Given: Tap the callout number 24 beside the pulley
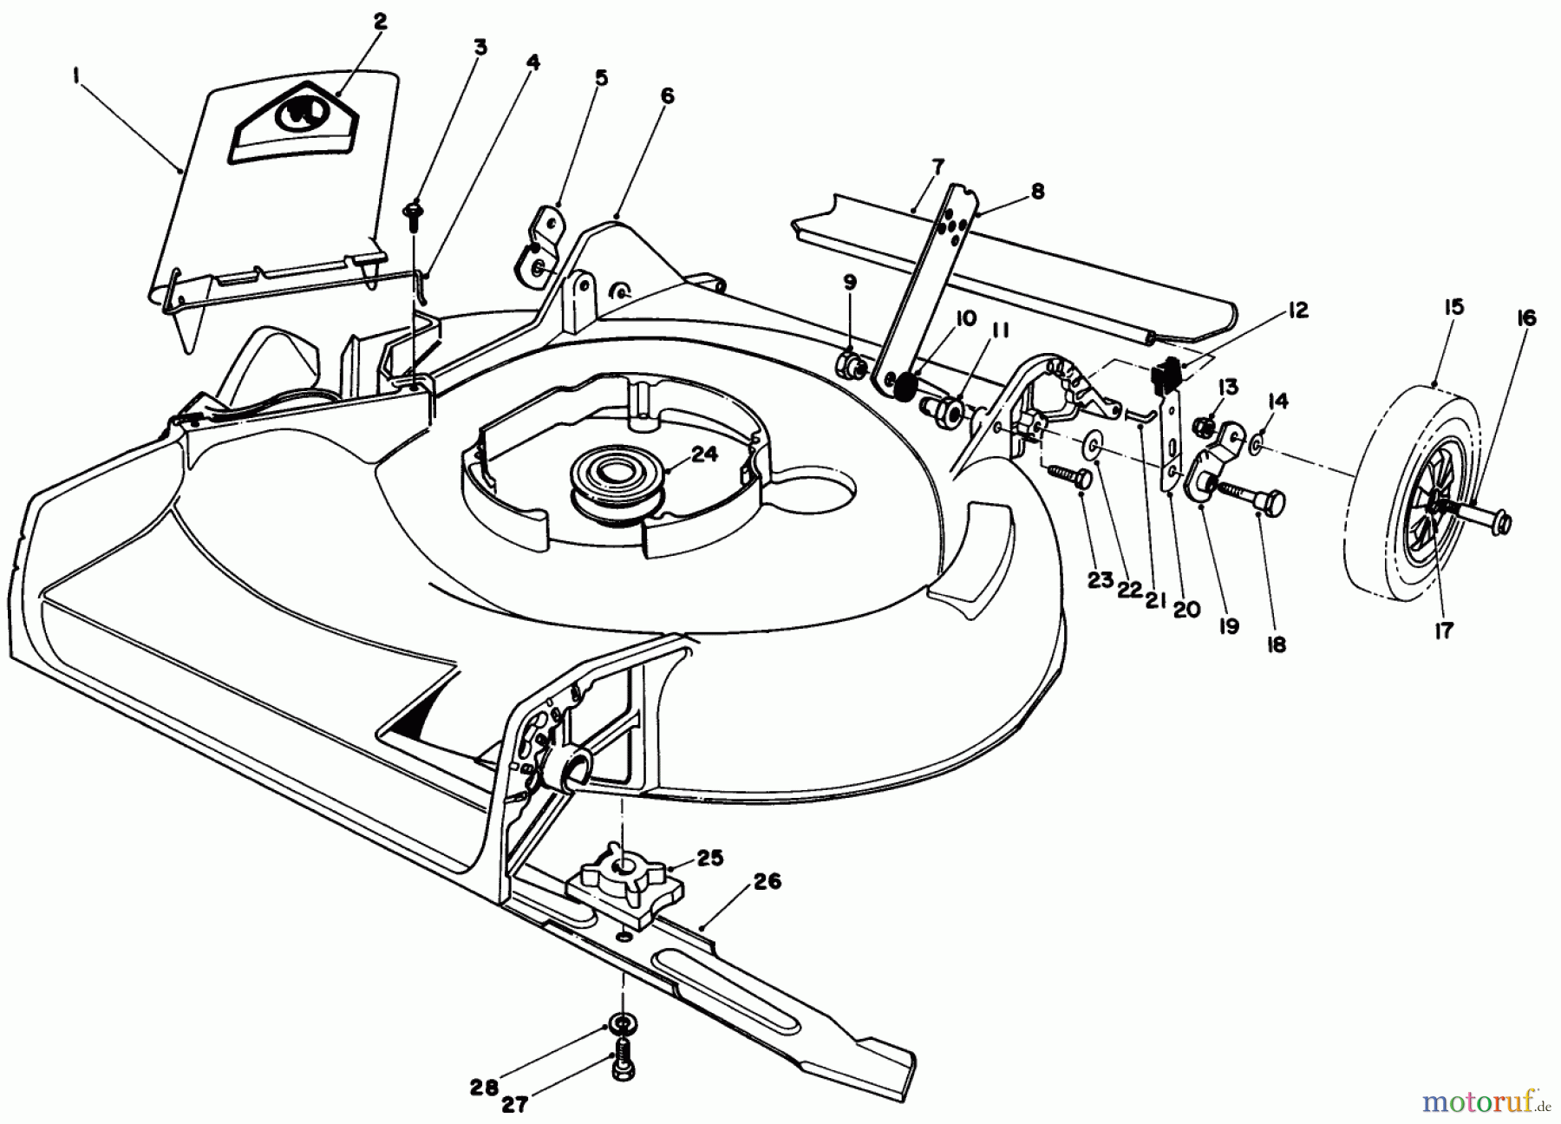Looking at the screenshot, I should tap(705, 453).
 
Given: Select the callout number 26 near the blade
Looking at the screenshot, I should tap(767, 882).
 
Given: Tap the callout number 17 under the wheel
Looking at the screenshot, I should tap(1442, 631).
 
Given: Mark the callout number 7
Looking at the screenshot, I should tap(939, 165).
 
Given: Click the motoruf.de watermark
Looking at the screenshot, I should tap(1492, 1102).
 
